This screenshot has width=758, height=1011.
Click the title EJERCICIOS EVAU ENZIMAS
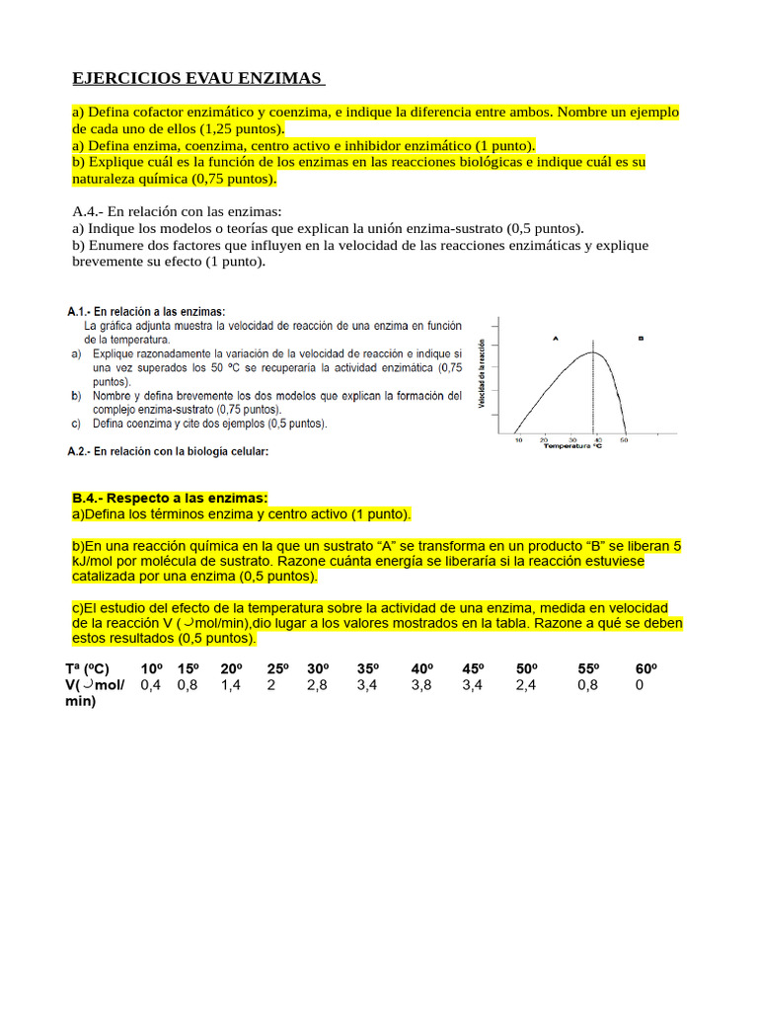tap(198, 78)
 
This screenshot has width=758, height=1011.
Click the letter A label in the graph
tap(556, 338)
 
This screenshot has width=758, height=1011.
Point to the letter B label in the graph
tap(641, 338)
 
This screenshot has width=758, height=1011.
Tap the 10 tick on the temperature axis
tap(519, 439)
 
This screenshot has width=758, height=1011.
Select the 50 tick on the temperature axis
tap(624, 439)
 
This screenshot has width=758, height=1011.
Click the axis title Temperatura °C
tap(574, 447)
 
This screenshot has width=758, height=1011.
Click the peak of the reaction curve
tap(592, 352)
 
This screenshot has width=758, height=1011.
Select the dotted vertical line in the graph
tap(592, 395)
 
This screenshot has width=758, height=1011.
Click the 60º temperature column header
tap(645, 668)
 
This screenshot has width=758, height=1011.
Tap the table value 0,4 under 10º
tap(151, 684)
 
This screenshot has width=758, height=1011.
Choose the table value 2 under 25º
tap(270, 684)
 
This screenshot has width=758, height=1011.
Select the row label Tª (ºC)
tap(88, 668)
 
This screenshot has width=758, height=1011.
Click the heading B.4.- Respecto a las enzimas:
tap(170, 499)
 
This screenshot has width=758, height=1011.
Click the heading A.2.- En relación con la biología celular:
tap(168, 451)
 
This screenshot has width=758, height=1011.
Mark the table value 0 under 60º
tap(640, 684)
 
